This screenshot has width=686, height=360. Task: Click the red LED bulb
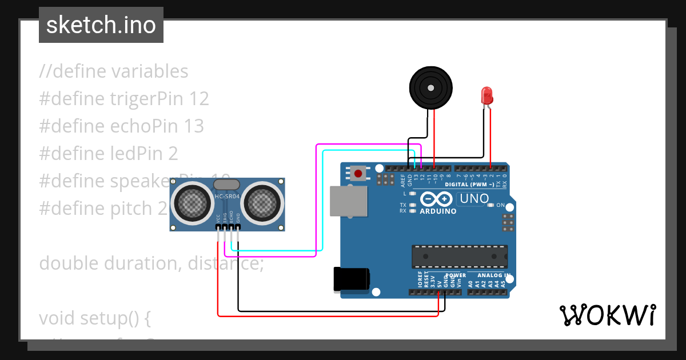[486, 94]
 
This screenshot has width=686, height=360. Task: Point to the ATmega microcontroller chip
[459, 257]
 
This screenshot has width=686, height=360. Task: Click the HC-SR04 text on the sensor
[227, 197]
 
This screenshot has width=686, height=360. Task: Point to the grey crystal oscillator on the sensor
[227, 184]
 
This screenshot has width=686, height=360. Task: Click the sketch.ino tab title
[101, 25]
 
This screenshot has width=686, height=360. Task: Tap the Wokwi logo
[608, 315]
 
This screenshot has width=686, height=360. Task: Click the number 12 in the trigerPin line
[198, 99]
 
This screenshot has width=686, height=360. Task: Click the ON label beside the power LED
[501, 205]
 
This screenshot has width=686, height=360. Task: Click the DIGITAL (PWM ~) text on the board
[469, 185]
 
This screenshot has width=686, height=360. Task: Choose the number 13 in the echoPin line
[193, 126]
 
